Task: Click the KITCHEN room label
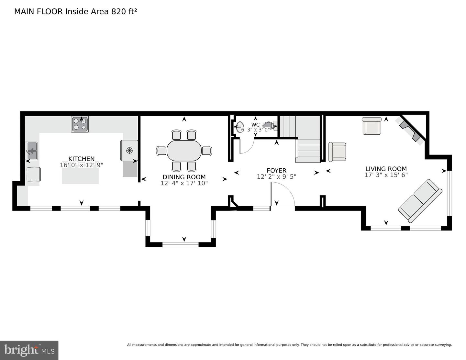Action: point(82,159)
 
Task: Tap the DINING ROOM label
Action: point(184,177)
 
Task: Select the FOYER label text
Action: point(276,170)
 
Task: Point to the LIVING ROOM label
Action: point(386,169)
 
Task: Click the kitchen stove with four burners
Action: point(80,124)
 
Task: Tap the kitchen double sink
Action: point(31,151)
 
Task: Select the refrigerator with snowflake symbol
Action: point(129,150)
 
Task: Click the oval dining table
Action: point(184,151)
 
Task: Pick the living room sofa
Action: point(420,200)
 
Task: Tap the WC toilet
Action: point(270,125)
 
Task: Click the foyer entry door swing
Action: point(283,194)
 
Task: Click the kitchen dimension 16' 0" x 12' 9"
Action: point(82,165)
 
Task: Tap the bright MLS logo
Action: point(29,350)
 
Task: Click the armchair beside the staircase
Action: point(337,152)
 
